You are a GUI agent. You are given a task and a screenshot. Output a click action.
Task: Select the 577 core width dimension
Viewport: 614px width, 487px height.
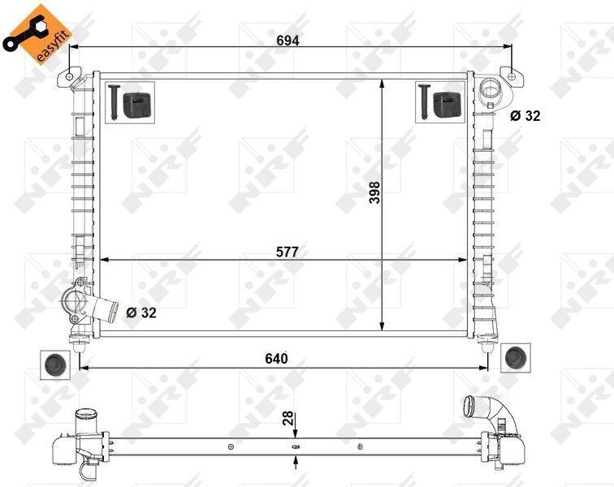287,252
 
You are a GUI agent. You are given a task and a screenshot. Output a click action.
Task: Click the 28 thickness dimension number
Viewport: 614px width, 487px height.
286,419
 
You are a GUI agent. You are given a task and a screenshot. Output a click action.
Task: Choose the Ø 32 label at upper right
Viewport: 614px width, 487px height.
525,116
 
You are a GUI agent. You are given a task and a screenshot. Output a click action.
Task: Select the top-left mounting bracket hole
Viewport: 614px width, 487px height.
70,78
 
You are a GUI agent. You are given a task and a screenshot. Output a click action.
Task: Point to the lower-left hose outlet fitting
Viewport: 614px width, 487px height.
81,302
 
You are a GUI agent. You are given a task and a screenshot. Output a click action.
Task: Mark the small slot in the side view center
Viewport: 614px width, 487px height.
295,446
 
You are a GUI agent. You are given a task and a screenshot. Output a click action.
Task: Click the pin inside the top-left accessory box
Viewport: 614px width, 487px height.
113,101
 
